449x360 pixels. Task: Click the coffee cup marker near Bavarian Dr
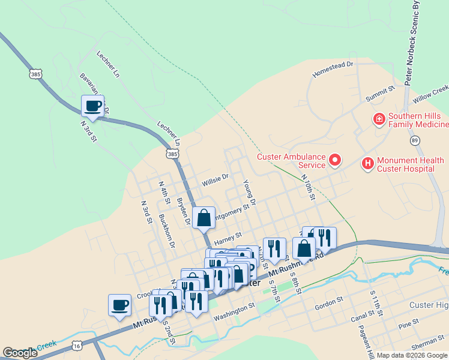click(93, 107)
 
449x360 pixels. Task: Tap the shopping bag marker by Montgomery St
click(204, 218)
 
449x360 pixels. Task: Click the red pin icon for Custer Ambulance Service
click(335, 160)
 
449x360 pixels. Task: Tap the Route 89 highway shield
click(414, 140)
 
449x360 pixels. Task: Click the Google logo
click(20, 353)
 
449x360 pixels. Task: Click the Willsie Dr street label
click(215, 178)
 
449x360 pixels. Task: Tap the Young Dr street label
click(249, 193)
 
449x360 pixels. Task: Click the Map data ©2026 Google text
click(412, 355)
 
